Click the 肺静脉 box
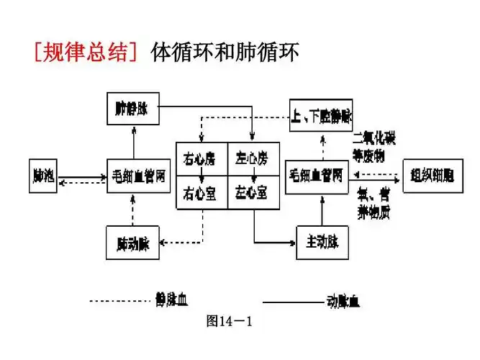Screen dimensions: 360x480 tap(132, 108)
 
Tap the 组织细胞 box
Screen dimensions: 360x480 tap(430, 175)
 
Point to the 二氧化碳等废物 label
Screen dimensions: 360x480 tap(374, 147)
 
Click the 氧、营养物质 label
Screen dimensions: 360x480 tap(374, 204)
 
